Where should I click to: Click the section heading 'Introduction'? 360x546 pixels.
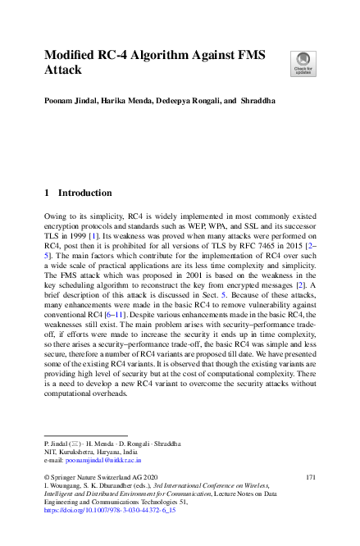pos(83,193)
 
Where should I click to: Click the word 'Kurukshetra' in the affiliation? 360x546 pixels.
pos(77,452)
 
